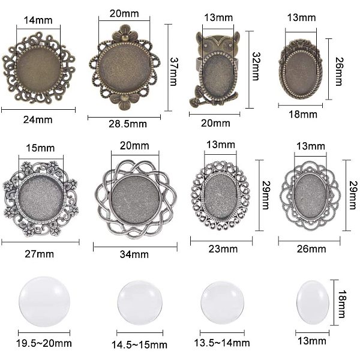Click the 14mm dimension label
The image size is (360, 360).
tap(38, 20)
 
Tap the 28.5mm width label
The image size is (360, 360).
tap(128, 124)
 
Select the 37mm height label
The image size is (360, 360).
tap(174, 71)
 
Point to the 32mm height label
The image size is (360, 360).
tap(256, 67)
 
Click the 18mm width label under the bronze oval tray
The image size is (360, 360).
tap(303, 115)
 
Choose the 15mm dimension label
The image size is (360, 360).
tap(40, 148)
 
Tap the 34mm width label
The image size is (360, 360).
tap(134, 254)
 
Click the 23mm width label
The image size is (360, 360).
tap(223, 249)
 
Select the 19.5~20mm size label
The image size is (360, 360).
tap(44, 343)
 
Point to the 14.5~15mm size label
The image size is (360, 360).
tap(139, 345)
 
